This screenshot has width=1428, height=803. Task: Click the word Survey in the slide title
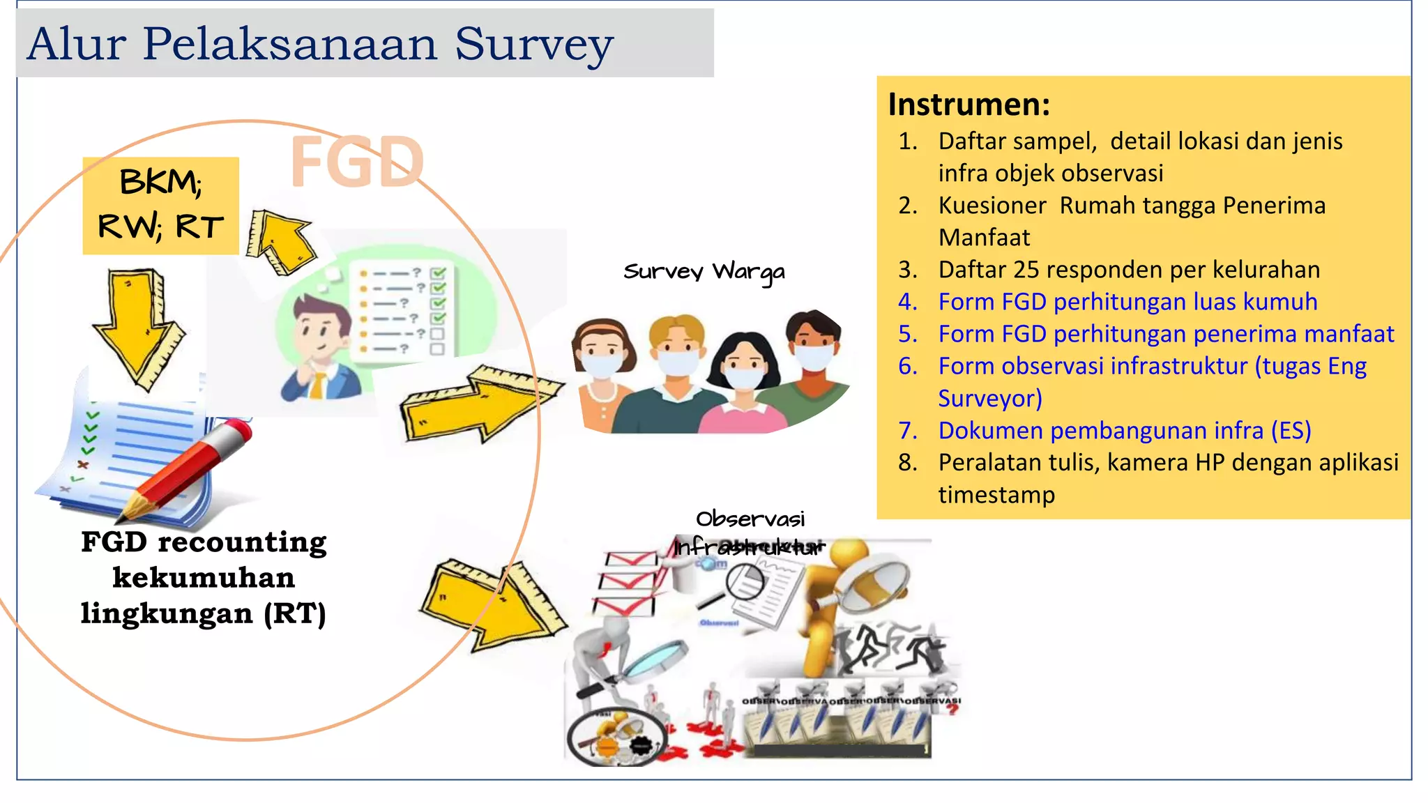[x=533, y=45]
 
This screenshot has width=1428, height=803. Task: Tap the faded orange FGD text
[x=357, y=162]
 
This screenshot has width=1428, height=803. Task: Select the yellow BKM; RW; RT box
[x=160, y=205]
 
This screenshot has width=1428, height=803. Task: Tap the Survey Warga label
[x=704, y=271]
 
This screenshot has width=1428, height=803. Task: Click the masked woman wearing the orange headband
[x=601, y=369]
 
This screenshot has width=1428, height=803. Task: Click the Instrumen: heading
[x=969, y=105]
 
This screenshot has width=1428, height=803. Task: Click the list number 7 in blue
[x=907, y=431]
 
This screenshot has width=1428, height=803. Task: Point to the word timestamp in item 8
[x=996, y=495]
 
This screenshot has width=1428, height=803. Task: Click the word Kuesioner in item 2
[x=992, y=206]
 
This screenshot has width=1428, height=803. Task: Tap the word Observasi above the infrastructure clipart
[x=750, y=519]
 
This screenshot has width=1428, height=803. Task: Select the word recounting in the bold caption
[x=242, y=542]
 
